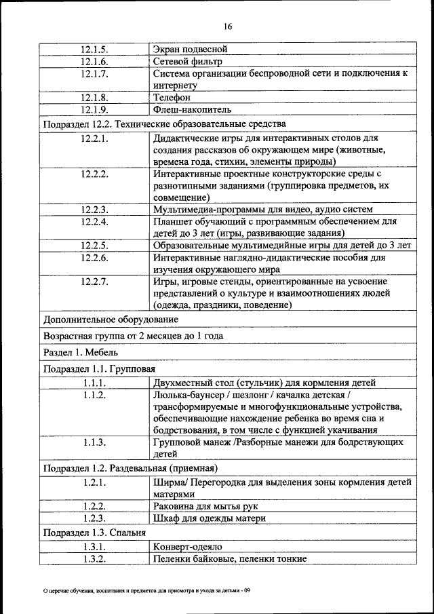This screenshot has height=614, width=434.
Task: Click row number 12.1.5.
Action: tap(94, 49)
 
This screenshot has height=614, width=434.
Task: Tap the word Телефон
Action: tap(172, 97)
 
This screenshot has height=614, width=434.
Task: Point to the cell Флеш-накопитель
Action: tap(193, 109)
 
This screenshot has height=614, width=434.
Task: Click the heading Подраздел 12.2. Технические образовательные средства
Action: tap(164, 124)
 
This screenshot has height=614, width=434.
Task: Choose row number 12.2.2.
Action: tap(94, 174)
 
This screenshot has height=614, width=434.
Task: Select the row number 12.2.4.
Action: tap(94, 221)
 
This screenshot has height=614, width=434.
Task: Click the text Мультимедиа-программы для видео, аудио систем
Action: tap(262, 209)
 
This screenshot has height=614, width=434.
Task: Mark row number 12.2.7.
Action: tap(94, 281)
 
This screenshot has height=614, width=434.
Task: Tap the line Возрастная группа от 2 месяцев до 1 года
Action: tap(133, 336)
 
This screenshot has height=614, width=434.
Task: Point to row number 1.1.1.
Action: tap(94, 383)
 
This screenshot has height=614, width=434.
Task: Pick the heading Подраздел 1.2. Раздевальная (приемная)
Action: tap(130, 468)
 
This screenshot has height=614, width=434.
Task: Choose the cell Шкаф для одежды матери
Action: tap(208, 518)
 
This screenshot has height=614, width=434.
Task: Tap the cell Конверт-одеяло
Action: tap(187, 546)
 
